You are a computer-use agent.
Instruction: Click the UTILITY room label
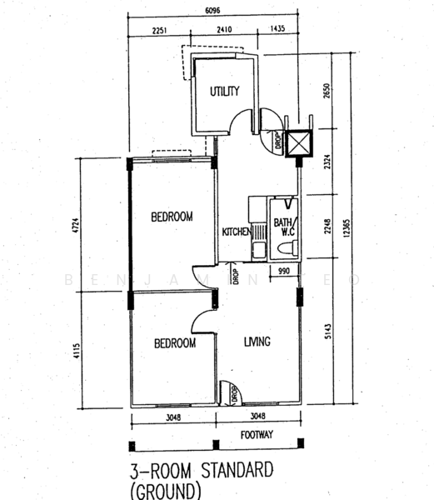(225, 91)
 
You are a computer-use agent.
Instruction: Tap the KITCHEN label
(236, 232)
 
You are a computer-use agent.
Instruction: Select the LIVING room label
(257, 342)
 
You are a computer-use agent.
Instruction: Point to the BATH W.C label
(283, 227)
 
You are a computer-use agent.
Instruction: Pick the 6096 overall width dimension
(212, 11)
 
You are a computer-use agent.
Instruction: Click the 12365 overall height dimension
(347, 227)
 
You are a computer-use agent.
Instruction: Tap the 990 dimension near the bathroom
(283, 271)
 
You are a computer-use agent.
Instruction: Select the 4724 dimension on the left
(76, 225)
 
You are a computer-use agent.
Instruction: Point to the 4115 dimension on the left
(77, 351)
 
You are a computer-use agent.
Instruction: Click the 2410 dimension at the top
(224, 30)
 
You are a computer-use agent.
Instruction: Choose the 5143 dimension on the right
(328, 332)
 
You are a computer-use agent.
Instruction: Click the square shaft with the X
(299, 143)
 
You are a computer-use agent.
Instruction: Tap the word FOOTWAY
(257, 435)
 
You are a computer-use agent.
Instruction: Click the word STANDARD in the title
(237, 470)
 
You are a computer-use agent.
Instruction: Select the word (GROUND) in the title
(166, 491)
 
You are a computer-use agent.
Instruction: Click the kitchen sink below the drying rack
(259, 251)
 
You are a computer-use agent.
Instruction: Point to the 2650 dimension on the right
(327, 91)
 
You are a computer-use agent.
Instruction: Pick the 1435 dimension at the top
(277, 28)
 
